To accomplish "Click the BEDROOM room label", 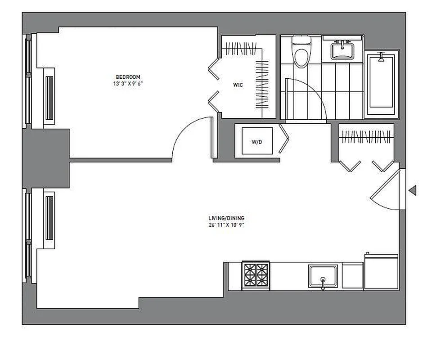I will (x=128, y=76).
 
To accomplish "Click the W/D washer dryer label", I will (x=256, y=142).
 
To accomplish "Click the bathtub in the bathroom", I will (x=381, y=85).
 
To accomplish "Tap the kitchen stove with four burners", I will (x=256, y=275).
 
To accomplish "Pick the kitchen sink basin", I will (x=323, y=275).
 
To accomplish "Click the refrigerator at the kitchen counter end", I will (x=381, y=272).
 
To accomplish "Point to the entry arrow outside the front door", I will (x=412, y=190).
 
